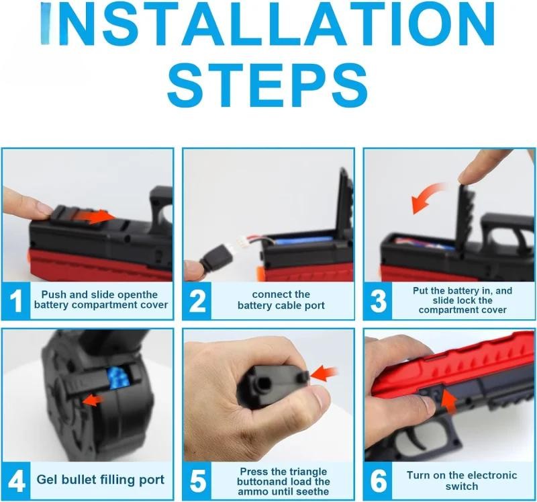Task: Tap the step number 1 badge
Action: pos(15,300)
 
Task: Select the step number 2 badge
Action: pos(197,300)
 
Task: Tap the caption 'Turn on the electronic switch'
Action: pos(462,480)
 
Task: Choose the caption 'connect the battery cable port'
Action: pos(281,300)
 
